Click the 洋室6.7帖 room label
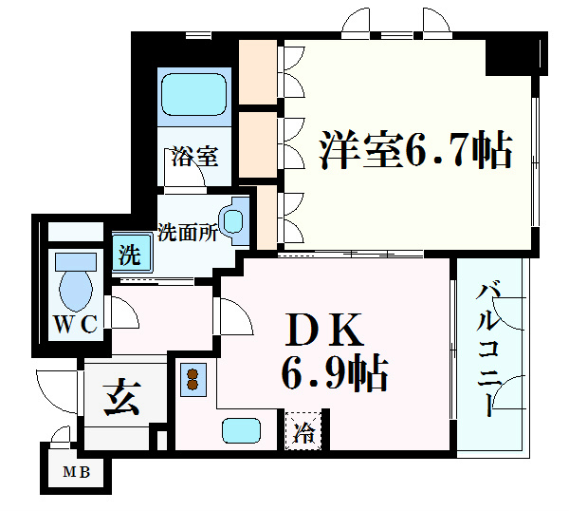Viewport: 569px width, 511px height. [416, 150]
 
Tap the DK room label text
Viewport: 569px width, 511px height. [323, 331]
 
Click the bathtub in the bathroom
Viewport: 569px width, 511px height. [194, 94]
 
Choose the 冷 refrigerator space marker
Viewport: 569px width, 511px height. [304, 431]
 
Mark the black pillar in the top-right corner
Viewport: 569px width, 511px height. [517, 56]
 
